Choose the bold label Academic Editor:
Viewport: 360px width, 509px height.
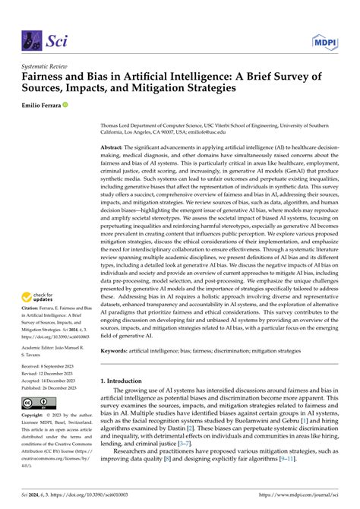tap(40, 346)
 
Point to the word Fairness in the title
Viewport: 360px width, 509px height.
tap(45, 77)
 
